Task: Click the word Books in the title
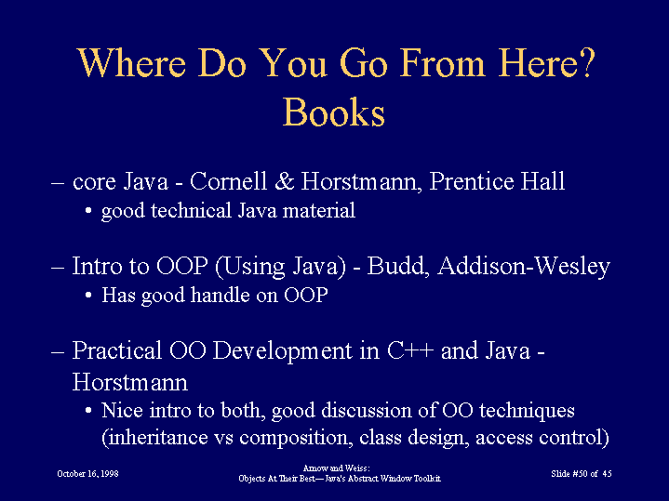334,112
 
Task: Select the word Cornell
228,181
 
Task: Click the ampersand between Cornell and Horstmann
284,181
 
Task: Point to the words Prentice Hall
497,181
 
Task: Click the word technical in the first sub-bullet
191,210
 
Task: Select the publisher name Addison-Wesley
524,267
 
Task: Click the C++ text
410,350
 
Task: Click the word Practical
117,350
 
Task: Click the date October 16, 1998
87,474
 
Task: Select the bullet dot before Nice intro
88,411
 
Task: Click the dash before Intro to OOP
58,268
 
